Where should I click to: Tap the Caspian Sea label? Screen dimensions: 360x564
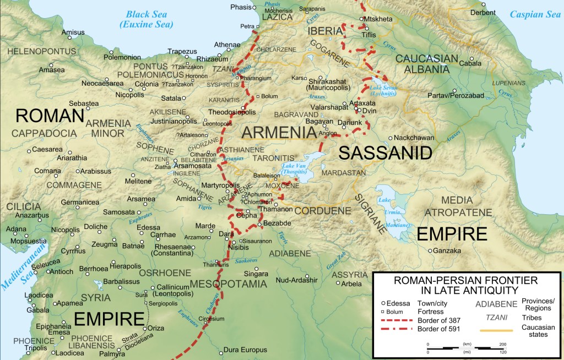pyautogui.click(x=534, y=14)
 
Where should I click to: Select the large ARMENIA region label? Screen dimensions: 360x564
pyautogui.click(x=279, y=133)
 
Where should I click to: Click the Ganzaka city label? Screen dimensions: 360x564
pyautogui.click(x=447, y=251)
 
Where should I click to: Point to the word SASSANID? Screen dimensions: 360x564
pyautogui.click(x=385, y=153)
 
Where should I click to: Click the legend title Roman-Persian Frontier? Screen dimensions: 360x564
pyautogui.click(x=466, y=285)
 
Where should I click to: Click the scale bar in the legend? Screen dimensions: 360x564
pyautogui.click(x=465, y=347)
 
